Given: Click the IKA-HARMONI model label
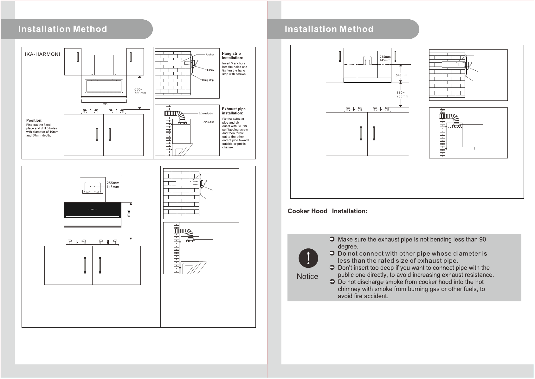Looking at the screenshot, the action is point(42,54).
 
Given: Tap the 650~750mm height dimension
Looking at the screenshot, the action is point(140,91).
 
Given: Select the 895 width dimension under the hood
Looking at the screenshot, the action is point(105,104).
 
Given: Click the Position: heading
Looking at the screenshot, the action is point(35,120).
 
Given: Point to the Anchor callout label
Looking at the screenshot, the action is point(210,55).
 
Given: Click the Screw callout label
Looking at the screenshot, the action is point(210,70).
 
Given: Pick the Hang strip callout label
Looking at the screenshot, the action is point(208,80).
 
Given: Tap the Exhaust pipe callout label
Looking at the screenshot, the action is point(206,113).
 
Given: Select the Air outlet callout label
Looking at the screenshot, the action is point(209,122).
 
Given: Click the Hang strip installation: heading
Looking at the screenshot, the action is point(232,56).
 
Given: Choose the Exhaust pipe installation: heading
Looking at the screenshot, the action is point(234,111).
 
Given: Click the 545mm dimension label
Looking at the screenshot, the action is point(402,75).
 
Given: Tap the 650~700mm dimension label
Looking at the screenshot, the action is point(402,94).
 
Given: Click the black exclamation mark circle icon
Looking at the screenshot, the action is point(308,258).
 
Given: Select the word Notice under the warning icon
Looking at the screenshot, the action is point(307,276).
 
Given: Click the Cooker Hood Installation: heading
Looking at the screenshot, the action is point(327,211).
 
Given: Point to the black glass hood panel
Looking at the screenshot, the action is point(93,210).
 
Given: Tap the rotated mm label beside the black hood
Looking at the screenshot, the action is point(128,213).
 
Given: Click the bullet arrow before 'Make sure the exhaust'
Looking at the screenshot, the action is point(332,239).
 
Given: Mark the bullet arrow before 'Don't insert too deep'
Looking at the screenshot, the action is point(332,267).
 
